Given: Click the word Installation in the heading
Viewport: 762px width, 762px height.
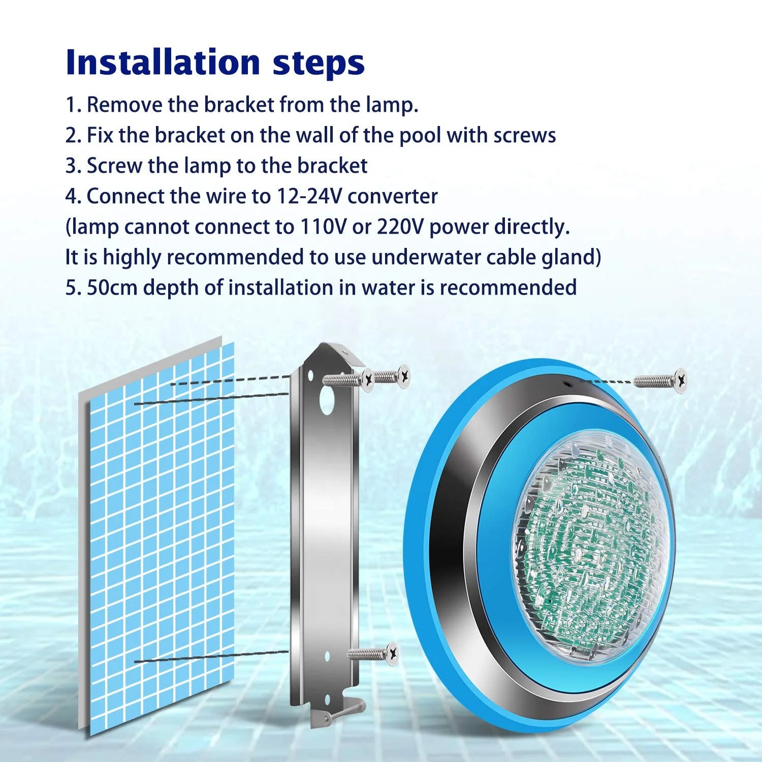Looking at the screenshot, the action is tap(163, 62).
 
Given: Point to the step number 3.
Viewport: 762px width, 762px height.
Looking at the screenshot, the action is tap(71, 166).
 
